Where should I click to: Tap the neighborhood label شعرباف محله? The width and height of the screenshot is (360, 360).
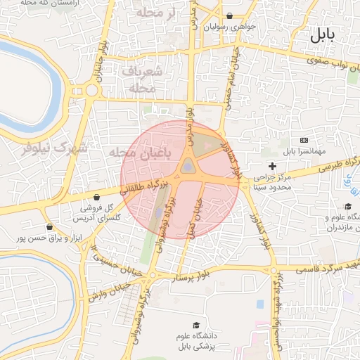(142, 79)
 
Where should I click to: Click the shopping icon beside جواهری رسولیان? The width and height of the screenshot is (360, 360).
(230, 16)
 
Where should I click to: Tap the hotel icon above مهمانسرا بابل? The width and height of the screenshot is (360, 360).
(303, 141)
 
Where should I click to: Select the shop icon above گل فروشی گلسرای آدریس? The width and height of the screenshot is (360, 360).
(104, 198)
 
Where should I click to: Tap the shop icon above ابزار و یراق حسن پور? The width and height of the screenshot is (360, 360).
(49, 227)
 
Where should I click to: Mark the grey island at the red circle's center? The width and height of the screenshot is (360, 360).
(188, 166)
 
